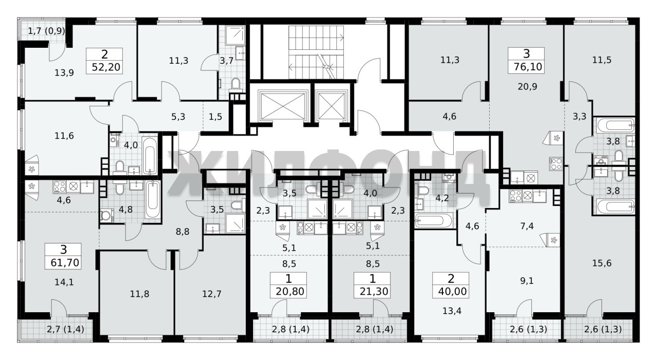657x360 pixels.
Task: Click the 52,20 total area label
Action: tap(106, 67)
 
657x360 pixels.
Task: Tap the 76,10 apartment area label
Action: tap(528, 67)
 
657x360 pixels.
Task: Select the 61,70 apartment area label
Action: tap(65, 262)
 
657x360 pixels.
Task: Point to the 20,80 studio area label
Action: tap(290, 292)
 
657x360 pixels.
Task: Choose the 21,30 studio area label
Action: tap(374, 292)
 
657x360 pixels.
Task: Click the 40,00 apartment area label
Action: tap(452, 292)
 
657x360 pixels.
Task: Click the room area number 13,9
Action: tap(64, 73)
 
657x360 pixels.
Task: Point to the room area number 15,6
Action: tap(602, 263)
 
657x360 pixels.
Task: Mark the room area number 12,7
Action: tap(212, 294)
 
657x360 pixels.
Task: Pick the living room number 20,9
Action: tap(527, 87)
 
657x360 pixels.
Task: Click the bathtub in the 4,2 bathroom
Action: tap(434, 221)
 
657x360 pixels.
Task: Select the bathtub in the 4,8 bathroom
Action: tap(153, 199)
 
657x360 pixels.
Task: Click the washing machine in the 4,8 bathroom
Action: tap(107, 216)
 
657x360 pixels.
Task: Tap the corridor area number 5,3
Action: tap(178, 117)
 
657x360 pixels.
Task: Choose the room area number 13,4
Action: tap(452, 311)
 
